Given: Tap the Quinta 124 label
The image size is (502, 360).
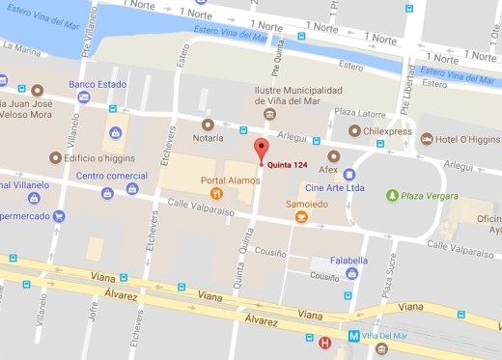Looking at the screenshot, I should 289,162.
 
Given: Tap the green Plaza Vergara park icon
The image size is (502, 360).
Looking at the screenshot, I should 391,196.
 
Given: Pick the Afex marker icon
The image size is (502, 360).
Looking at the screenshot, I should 334,155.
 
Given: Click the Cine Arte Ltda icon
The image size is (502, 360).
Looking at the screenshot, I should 349,201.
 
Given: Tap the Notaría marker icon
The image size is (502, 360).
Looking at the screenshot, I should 206,125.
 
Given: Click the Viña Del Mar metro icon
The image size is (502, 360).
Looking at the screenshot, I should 353,337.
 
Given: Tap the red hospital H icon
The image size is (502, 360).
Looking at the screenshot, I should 324,342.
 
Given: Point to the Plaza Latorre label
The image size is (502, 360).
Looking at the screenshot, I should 359,113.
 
